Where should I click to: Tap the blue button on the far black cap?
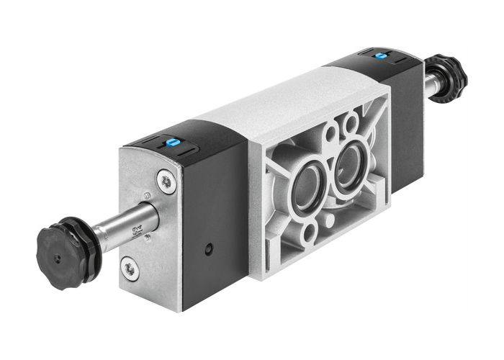pyautogui.click(x=379, y=55)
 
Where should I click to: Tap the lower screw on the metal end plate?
pyautogui.click(x=130, y=269)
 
